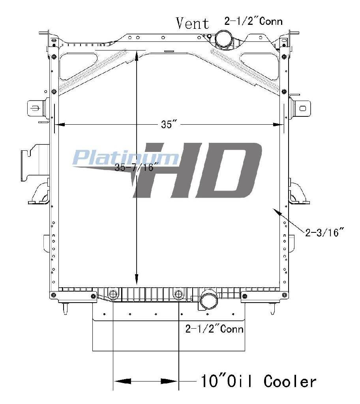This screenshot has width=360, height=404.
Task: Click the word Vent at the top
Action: (193, 23)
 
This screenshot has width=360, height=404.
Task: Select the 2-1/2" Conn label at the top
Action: (253, 21)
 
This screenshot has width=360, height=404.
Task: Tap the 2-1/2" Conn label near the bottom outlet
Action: (214, 329)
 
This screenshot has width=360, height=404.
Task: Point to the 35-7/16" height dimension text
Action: (134, 167)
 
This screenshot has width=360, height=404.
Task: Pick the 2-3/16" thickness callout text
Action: (325, 232)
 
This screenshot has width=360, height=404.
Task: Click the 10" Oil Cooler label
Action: (258, 382)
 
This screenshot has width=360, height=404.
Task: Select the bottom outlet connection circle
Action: (209, 300)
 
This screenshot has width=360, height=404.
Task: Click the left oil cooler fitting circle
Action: (113, 294)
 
